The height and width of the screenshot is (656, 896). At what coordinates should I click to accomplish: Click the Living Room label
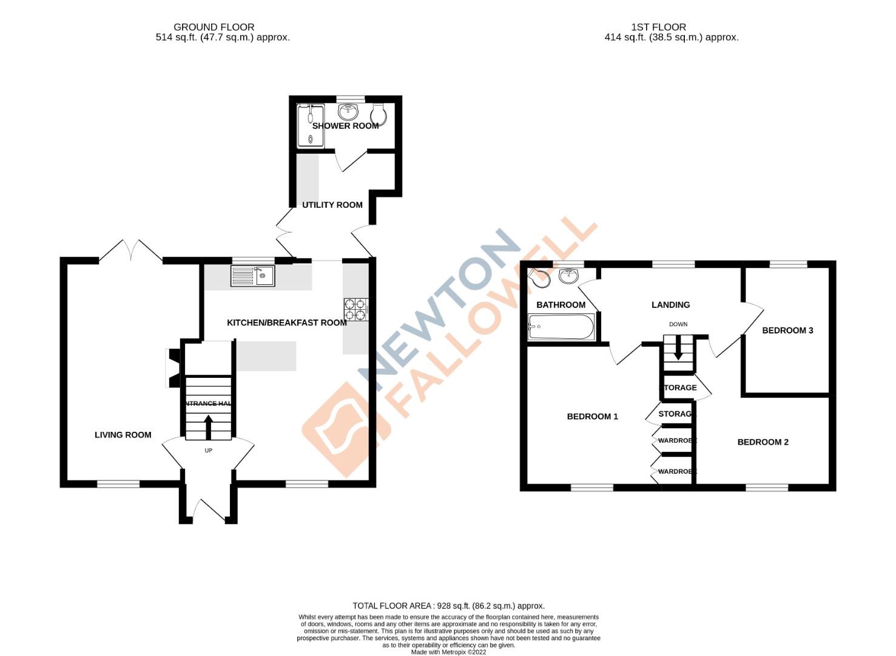pyautogui.click(x=123, y=434)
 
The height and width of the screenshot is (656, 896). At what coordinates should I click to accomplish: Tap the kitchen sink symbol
pyautogui.click(x=252, y=276)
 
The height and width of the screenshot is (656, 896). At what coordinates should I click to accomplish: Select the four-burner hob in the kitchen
pyautogui.click(x=355, y=309)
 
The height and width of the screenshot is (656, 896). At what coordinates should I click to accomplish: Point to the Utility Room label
pyautogui.click(x=332, y=205)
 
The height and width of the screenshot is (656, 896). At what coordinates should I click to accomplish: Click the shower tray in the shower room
pyautogui.click(x=311, y=126)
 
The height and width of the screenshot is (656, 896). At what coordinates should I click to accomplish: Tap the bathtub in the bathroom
pyautogui.click(x=561, y=327)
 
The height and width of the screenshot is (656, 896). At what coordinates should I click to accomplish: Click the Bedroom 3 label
pyautogui.click(x=787, y=330)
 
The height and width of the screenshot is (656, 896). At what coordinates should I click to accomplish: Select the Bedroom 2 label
pyautogui.click(x=763, y=442)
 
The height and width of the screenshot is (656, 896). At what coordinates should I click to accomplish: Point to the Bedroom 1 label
pyautogui.click(x=592, y=416)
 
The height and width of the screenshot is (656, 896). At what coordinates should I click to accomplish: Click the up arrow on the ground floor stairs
pyautogui.click(x=208, y=426)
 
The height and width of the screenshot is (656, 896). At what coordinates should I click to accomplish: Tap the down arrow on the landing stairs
pyautogui.click(x=678, y=350)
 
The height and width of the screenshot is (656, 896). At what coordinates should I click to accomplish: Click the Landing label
pyautogui.click(x=670, y=305)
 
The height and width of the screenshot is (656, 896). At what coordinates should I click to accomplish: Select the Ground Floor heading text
pyautogui.click(x=214, y=27)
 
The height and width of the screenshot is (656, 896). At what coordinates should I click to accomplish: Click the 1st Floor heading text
pyautogui.click(x=658, y=27)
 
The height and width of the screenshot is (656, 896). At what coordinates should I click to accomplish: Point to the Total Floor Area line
pyautogui.click(x=448, y=606)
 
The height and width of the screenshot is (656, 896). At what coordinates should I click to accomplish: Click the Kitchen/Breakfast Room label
pyautogui.click(x=286, y=323)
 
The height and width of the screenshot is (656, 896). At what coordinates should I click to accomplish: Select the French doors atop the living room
pyautogui.click(x=130, y=250)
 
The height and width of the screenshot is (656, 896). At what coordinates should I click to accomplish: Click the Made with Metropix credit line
pyautogui.click(x=448, y=652)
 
